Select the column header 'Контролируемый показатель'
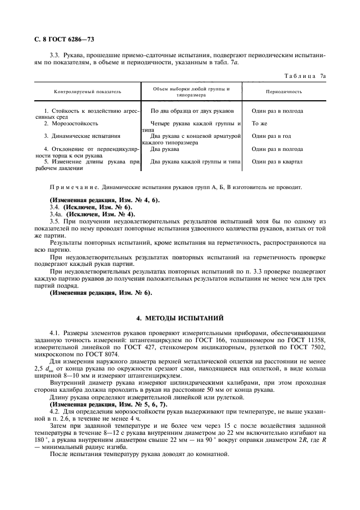(87, 92)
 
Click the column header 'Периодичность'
(284, 92)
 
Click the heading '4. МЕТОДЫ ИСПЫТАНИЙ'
(180, 317)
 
